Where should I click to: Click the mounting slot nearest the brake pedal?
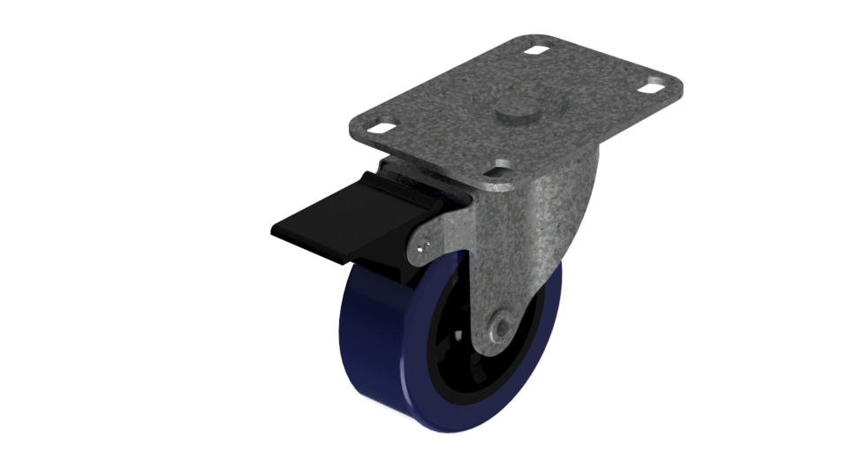[381, 128]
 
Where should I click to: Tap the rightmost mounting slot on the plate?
[654, 87]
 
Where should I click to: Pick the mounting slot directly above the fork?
[503, 164]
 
